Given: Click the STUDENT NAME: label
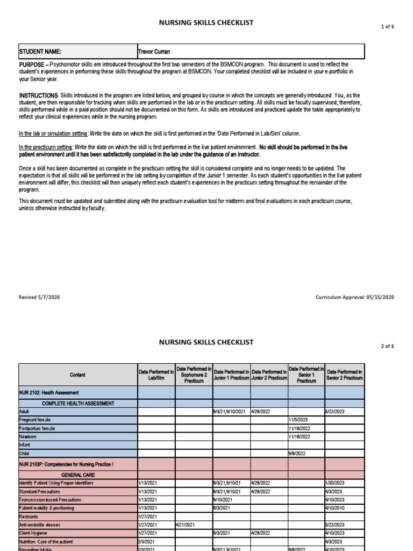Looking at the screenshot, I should [40, 52].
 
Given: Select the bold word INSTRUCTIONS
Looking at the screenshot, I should [39, 96].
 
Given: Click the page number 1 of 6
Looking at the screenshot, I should [387, 26].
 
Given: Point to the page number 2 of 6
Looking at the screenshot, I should [387, 346].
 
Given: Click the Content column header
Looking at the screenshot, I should [77, 375].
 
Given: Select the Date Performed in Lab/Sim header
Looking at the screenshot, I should [156, 375].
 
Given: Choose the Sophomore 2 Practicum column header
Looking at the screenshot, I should [194, 375].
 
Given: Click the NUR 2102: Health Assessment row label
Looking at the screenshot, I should [49, 393].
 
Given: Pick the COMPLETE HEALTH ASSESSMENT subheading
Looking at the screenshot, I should [77, 402].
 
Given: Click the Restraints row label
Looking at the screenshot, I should [30, 516].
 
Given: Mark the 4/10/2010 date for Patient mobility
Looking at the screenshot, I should [336, 508].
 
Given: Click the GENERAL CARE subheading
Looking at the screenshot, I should [77, 475].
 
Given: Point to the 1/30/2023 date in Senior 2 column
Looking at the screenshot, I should [336, 483].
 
